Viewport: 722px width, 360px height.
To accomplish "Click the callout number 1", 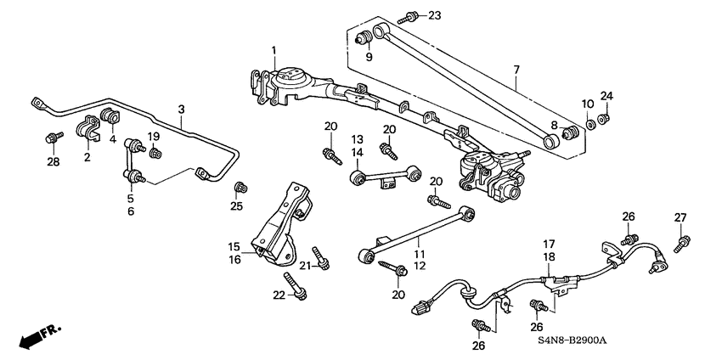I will [274, 53].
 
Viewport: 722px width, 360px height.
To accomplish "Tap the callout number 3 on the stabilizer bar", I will [181, 109].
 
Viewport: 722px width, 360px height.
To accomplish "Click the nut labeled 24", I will [603, 118].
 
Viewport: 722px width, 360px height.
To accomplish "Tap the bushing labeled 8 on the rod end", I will [572, 134].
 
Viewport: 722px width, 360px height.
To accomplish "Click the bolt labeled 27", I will [680, 245].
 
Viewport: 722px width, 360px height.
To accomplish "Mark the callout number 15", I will [234, 246].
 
